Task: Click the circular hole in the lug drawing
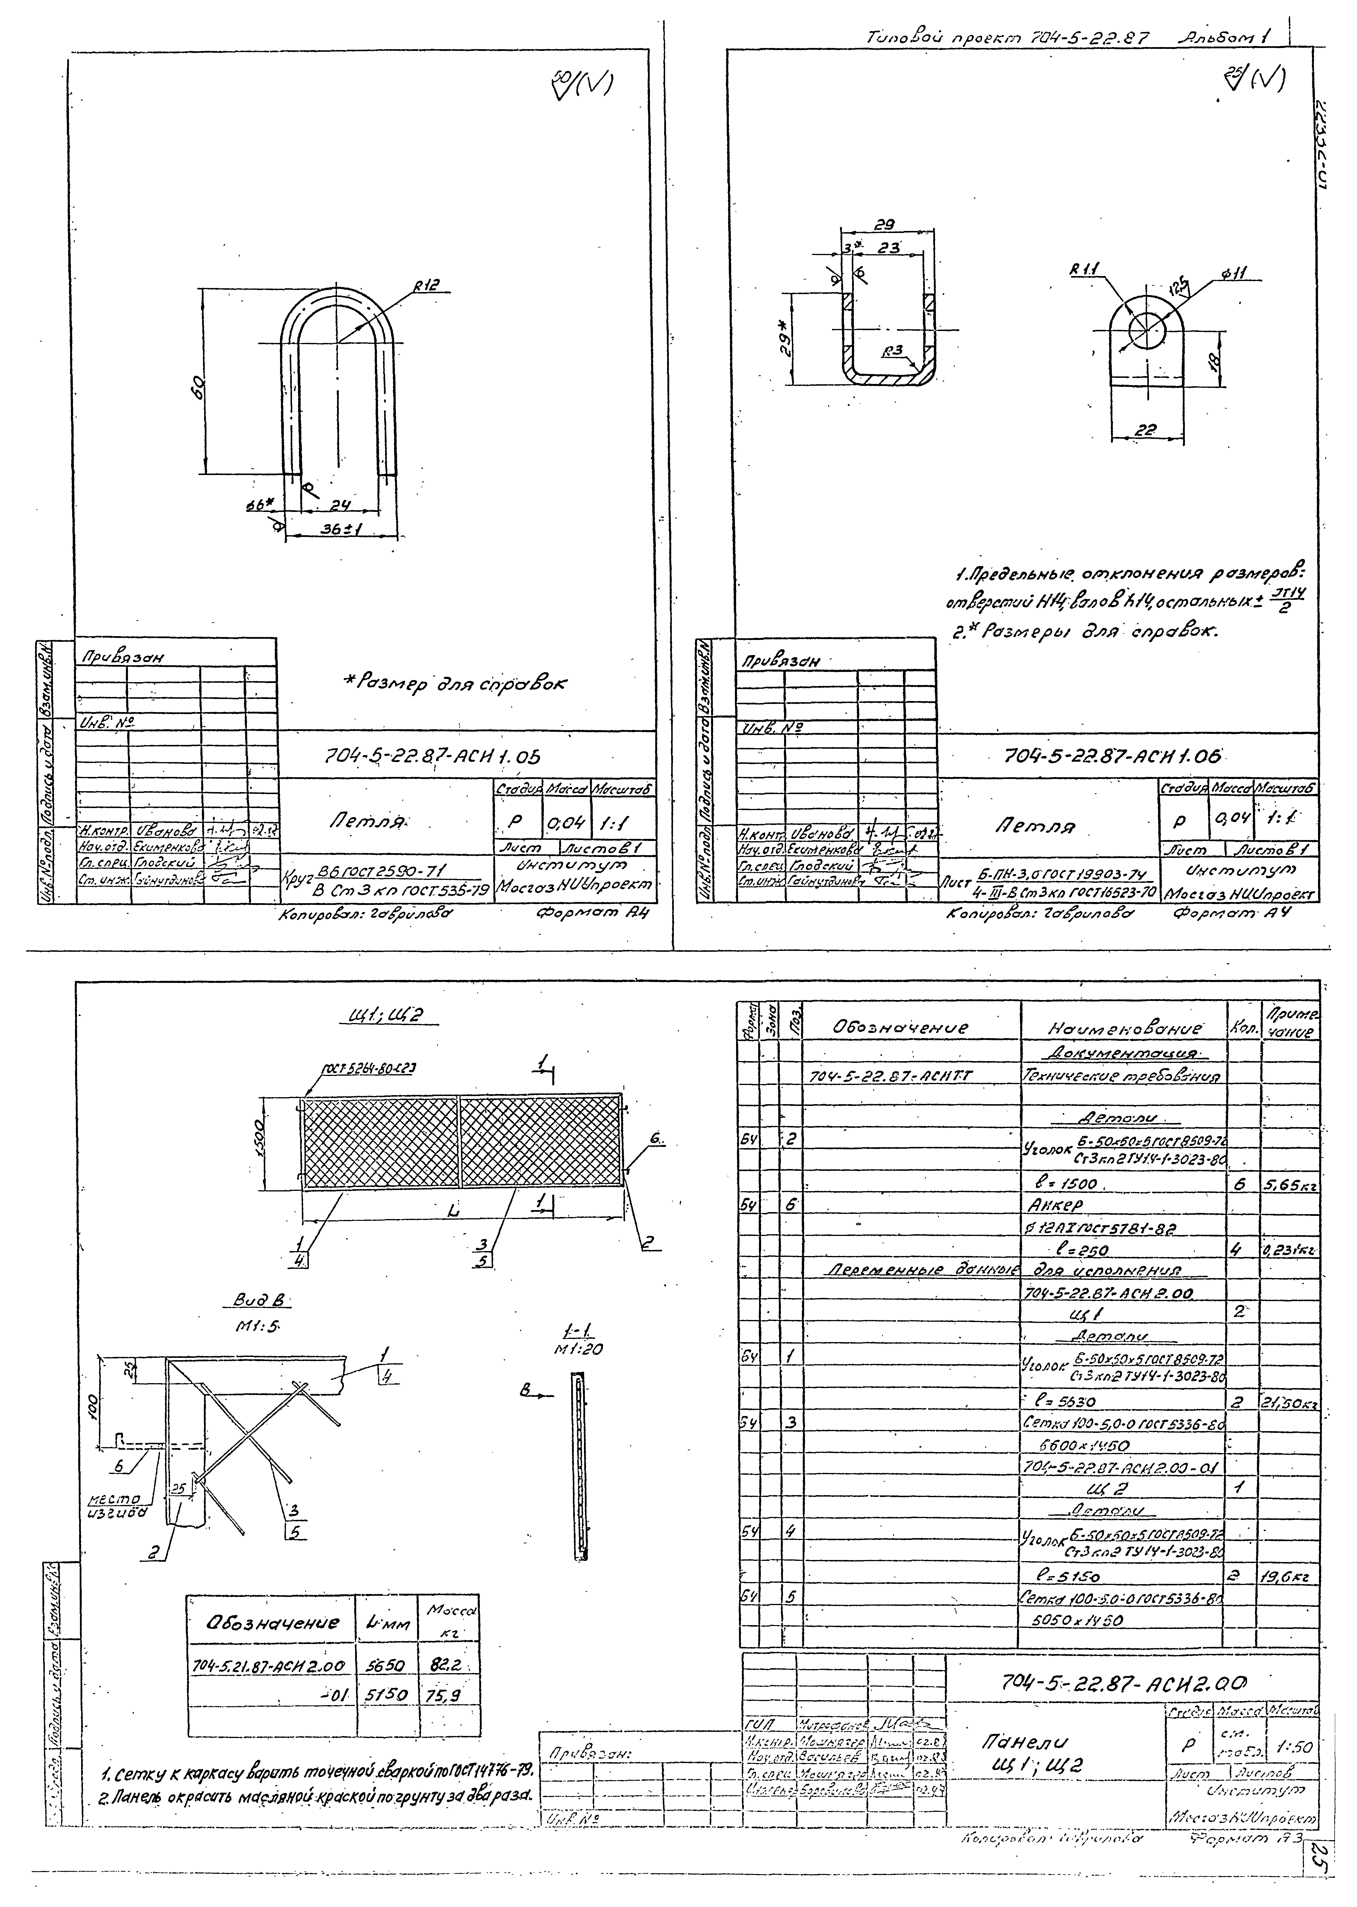pos(1147,331)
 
